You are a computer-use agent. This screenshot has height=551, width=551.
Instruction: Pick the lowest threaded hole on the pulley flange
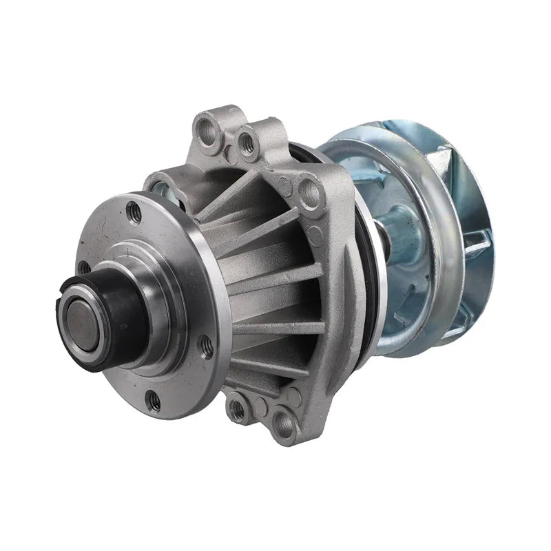[x=154, y=401]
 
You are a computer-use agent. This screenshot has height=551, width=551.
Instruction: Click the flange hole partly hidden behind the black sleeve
[x=84, y=267]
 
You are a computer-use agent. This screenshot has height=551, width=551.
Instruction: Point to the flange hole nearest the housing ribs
[x=206, y=346]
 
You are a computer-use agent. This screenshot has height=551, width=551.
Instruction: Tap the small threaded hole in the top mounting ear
[x=245, y=142]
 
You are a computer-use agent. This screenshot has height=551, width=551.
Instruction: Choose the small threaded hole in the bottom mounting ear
[x=238, y=410]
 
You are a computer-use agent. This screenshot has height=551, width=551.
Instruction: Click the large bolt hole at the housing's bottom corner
[x=283, y=421]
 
